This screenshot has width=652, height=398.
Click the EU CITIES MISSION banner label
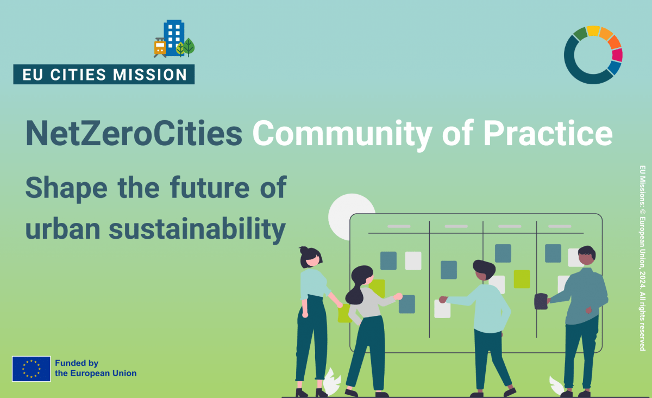pos(104,74)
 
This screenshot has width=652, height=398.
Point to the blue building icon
pos(174,38)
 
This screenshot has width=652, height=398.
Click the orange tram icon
pos(160,47)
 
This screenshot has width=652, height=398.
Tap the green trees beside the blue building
pos(185,47)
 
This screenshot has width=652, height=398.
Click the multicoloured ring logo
pos(593,55)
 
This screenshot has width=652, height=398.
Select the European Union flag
pos(31,369)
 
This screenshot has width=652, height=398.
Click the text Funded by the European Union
pos(95,369)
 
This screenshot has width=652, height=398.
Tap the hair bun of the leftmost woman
pos(304,251)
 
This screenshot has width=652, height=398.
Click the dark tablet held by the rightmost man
pos(541,301)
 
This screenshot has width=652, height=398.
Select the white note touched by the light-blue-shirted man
pos(442,309)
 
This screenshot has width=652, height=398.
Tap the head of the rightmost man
pos(586,256)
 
